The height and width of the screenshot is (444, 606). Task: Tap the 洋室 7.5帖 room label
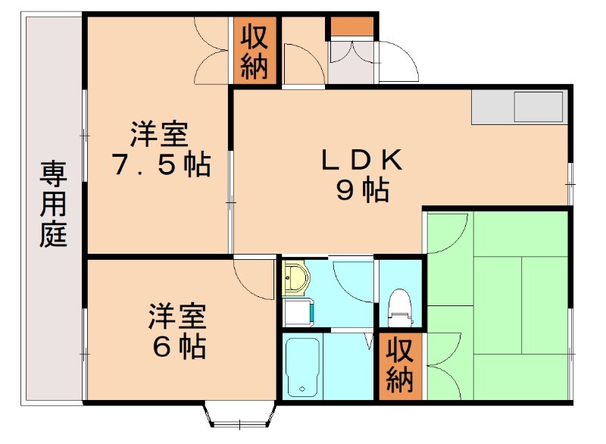tap(160, 150)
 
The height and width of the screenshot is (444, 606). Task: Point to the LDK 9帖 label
tap(363, 176)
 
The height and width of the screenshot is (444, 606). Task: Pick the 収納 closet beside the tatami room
tap(399, 364)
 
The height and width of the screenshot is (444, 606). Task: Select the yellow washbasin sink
tap(295, 280)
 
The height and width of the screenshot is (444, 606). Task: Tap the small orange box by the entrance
tap(351, 27)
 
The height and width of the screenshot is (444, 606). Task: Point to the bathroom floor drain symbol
tap(301, 389)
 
